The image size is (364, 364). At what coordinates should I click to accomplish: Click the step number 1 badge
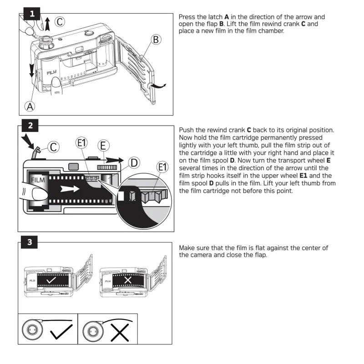pyautogui.click(x=31, y=14)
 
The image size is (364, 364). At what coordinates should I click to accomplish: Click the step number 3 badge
pyautogui.click(x=30, y=242)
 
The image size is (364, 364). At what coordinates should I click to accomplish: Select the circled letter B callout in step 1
pyautogui.click(x=156, y=40)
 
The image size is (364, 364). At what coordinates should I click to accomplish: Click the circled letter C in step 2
pyautogui.click(x=53, y=147)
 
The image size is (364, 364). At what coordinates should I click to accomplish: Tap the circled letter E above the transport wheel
pyautogui.click(x=103, y=146)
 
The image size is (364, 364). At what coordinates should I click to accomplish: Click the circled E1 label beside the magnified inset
pyautogui.click(x=162, y=167)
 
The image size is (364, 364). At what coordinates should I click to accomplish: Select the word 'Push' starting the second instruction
pyautogui.click(x=187, y=130)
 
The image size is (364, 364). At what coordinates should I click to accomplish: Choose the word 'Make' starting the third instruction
pyautogui.click(x=188, y=248)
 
